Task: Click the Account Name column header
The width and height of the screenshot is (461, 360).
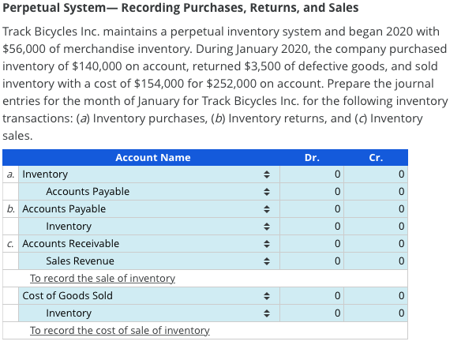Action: point(152,157)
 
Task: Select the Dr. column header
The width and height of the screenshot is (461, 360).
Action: point(312,157)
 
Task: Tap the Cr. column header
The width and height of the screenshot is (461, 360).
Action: point(376,157)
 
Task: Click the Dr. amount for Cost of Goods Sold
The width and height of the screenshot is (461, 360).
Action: point(312,296)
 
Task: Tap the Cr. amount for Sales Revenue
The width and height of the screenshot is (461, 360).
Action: point(376,261)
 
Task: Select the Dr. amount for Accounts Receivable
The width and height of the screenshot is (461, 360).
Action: point(312,244)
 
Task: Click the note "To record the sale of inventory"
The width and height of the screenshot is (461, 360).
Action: point(103,279)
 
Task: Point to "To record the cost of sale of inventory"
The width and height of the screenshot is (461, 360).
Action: point(119,330)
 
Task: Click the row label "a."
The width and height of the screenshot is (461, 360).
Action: point(12,174)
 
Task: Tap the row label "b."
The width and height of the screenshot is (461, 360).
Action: point(12,209)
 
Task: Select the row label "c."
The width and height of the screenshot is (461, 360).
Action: point(12,244)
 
